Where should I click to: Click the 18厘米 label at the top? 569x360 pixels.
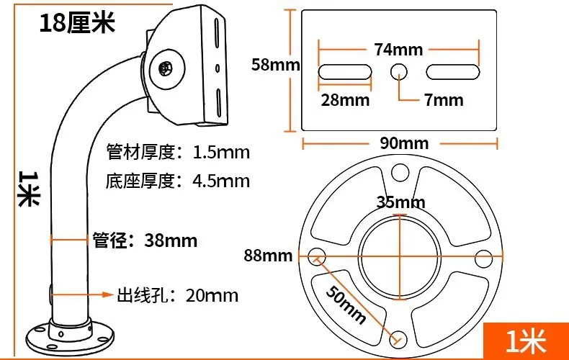[77, 22]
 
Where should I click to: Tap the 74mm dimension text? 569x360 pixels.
[398, 50]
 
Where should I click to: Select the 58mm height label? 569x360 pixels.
[276, 65]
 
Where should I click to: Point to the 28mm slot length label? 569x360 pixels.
[345, 100]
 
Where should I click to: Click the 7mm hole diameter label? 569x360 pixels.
[444, 100]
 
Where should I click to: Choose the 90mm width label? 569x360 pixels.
[404, 143]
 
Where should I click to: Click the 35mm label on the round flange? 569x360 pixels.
[400, 202]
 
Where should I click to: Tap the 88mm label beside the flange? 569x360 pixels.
[268, 256]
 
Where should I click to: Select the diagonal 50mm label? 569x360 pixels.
[346, 304]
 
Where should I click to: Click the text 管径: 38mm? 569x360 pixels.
[145, 240]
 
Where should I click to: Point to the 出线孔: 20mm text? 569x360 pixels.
[177, 295]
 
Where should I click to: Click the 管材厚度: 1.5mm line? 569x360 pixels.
[178, 152]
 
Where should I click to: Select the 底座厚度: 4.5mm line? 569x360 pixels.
[178, 181]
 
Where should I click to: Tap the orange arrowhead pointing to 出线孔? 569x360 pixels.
[108, 294]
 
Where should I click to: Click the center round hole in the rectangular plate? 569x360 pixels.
[399, 72]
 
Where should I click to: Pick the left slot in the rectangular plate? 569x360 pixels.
[345, 72]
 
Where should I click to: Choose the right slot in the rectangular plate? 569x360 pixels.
[453, 72]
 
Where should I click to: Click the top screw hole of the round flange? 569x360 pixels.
[400, 172]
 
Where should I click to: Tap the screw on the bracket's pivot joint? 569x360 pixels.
[166, 68]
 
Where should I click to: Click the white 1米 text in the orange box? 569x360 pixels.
[527, 341]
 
